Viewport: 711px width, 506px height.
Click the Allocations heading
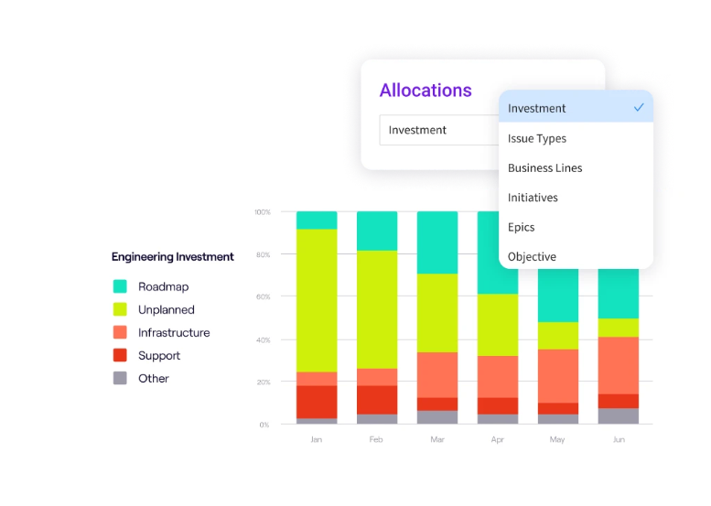[426, 90]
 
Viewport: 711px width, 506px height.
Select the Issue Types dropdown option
[537, 138]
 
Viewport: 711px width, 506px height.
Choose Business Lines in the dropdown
[544, 167]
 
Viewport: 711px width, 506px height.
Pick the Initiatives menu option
[533, 198]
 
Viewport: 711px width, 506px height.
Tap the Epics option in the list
[522, 227]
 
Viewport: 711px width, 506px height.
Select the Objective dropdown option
[532, 256]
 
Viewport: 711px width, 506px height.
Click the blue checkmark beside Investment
[639, 107]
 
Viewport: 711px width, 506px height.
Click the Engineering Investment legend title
[173, 257]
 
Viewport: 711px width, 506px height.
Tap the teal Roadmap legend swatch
[120, 286]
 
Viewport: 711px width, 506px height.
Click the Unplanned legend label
[166, 309]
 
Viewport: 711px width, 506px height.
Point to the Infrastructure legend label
[174, 333]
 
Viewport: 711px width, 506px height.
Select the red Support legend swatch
[120, 355]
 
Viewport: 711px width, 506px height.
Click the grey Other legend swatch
[120, 378]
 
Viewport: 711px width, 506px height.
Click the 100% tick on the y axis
[263, 212]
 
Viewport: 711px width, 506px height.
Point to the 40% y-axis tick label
[263, 339]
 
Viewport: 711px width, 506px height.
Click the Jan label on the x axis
[317, 439]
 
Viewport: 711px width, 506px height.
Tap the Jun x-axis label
[619, 439]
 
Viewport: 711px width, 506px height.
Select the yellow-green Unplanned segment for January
[317, 300]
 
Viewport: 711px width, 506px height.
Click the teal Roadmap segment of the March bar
[437, 242]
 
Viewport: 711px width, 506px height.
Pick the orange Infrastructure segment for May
[558, 375]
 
